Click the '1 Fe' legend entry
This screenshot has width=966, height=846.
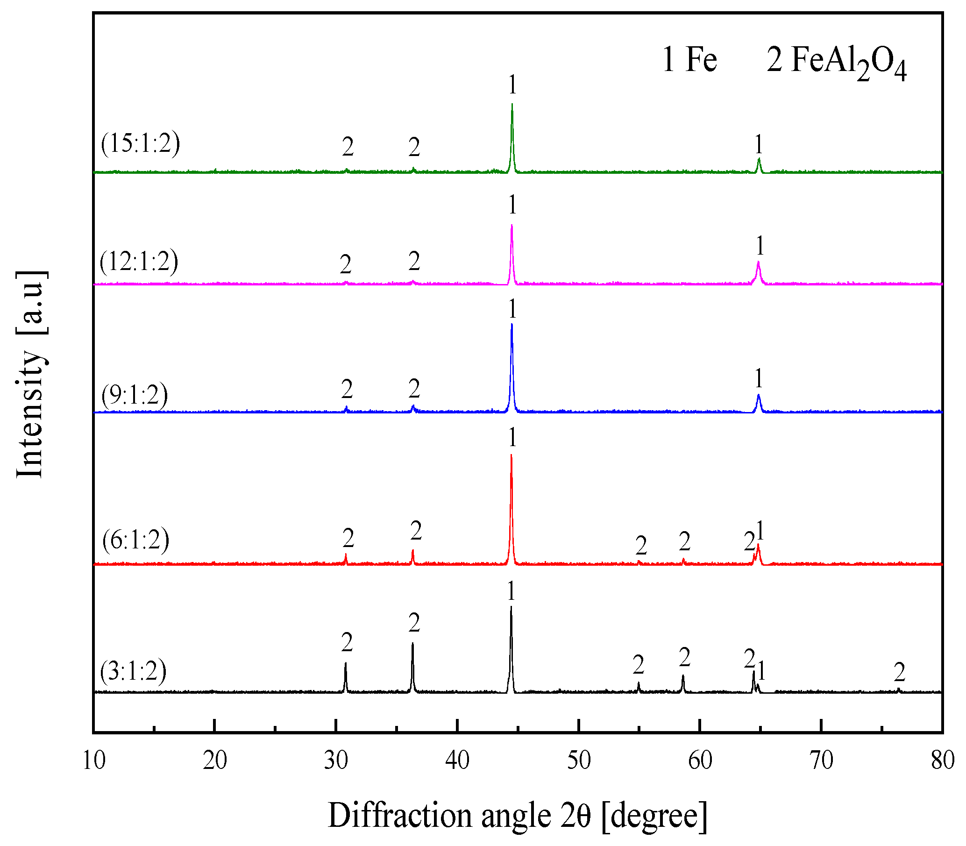[x=689, y=60]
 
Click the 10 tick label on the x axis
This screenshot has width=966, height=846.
[x=93, y=761]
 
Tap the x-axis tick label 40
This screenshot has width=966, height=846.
[x=457, y=761]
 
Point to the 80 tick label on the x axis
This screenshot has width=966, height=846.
[x=942, y=761]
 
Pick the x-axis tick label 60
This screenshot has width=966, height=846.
[x=700, y=761]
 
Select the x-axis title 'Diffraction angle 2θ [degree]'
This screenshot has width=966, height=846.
[x=518, y=815]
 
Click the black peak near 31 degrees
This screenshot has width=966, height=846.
[x=346, y=665]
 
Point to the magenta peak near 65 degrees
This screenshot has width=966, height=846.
[x=758, y=263]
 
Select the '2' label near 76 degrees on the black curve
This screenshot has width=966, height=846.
[x=899, y=672]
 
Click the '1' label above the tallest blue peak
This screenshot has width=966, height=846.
[x=512, y=309]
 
